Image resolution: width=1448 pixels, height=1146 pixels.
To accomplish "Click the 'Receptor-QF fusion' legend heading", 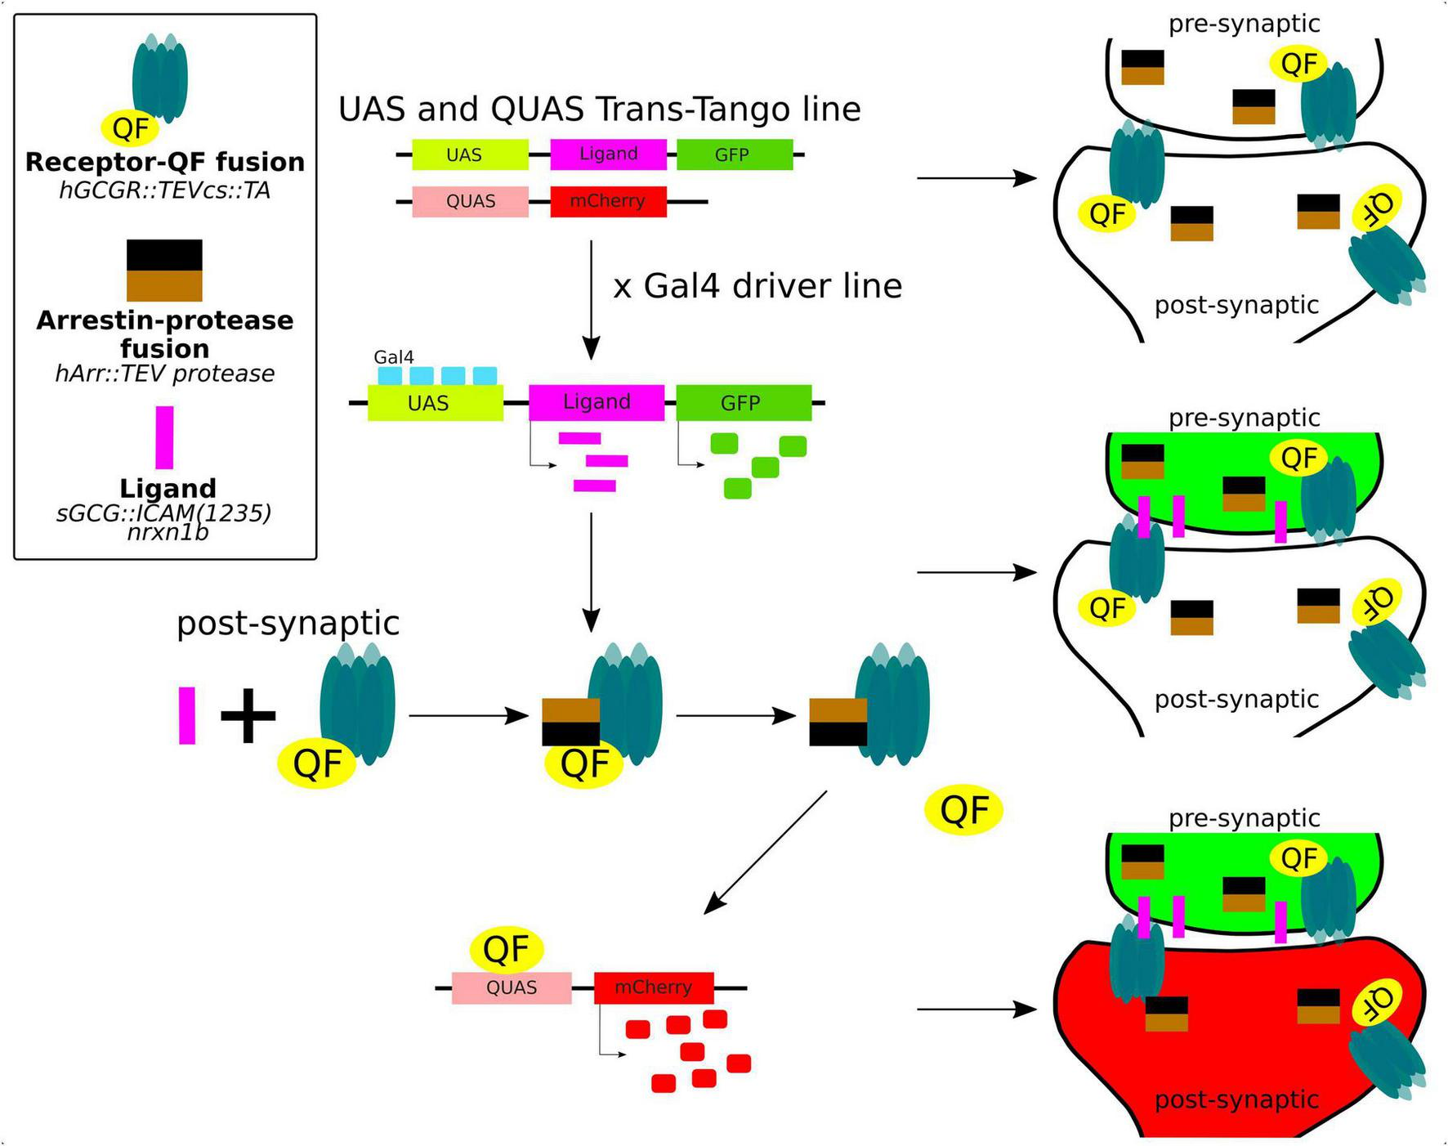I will click(x=165, y=162).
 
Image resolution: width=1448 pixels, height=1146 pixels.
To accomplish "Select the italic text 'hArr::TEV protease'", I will click(x=165, y=374).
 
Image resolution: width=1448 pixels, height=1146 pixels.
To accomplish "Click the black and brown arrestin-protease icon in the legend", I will click(x=164, y=270).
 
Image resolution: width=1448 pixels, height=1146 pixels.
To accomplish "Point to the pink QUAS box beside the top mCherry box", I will click(x=470, y=201).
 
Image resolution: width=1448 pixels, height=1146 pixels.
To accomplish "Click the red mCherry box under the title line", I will click(x=608, y=201).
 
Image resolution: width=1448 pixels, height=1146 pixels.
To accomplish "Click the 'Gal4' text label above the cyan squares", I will click(x=393, y=357).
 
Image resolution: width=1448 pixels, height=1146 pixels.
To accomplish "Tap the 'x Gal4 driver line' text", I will click(x=757, y=286).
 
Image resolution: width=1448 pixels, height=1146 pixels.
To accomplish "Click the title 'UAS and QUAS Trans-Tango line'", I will click(x=599, y=109).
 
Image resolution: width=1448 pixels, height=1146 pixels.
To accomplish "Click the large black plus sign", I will click(x=248, y=716).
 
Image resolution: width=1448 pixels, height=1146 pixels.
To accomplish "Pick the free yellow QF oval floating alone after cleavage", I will click(x=963, y=810).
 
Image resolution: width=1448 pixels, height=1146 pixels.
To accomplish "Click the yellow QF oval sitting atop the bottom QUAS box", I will click(x=507, y=949).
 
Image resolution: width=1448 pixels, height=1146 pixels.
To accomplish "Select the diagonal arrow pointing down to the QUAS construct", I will click(x=765, y=852).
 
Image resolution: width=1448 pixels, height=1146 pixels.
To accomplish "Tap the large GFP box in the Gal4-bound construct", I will click(x=743, y=402).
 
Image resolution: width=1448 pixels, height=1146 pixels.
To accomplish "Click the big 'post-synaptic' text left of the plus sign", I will click(x=288, y=623).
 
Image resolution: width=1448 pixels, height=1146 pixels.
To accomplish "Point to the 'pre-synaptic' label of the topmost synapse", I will click(x=1243, y=24).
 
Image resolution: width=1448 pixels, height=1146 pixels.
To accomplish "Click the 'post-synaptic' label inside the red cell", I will click(x=1236, y=1099).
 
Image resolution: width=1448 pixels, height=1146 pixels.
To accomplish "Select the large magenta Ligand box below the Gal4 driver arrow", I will click(x=596, y=402).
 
